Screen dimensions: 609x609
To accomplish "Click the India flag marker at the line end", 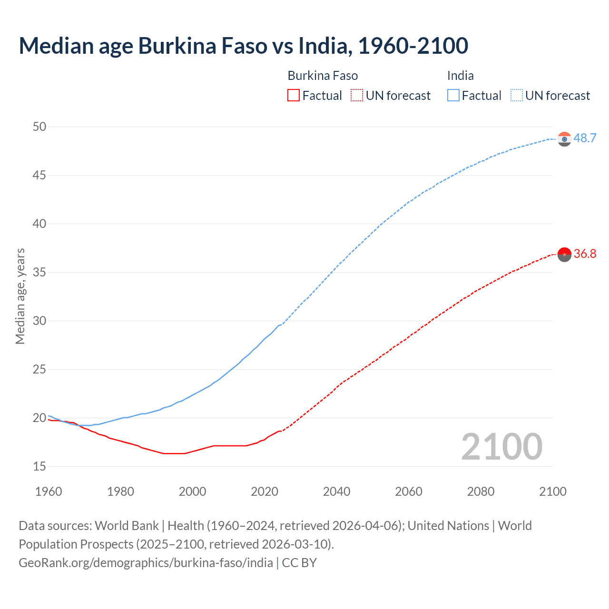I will pyautogui.click(x=564, y=139).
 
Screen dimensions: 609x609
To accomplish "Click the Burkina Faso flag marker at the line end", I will pyautogui.click(x=564, y=255).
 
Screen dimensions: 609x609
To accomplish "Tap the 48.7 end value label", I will pyautogui.click(x=585, y=138).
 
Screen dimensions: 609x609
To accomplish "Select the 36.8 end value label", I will pyautogui.click(x=585, y=254).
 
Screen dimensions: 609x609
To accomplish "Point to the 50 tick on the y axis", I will pyautogui.click(x=39, y=127).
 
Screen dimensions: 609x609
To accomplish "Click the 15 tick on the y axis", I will pyautogui.click(x=39, y=466).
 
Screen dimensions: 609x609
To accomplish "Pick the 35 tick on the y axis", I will pyautogui.click(x=39, y=272).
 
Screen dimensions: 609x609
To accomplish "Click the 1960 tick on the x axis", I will pyautogui.click(x=49, y=491).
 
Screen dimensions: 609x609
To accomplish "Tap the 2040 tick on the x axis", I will pyautogui.click(x=336, y=491).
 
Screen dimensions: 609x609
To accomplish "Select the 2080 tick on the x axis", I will pyautogui.click(x=481, y=491).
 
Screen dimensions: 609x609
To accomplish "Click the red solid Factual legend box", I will pyautogui.click(x=294, y=96).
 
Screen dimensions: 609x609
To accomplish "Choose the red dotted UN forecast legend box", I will pyautogui.click(x=357, y=96).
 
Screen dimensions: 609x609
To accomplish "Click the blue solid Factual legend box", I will pyautogui.click(x=453, y=96).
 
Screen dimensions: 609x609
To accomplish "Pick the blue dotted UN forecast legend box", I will pyautogui.click(x=516, y=96).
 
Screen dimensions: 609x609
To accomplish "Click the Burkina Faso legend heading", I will pyautogui.click(x=323, y=76).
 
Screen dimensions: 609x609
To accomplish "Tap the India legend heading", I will pyautogui.click(x=460, y=76).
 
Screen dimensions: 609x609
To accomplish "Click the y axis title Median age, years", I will pyautogui.click(x=20, y=296).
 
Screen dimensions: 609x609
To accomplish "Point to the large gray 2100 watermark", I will pyautogui.click(x=501, y=447).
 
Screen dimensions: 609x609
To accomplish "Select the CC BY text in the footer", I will pyautogui.click(x=299, y=563).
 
